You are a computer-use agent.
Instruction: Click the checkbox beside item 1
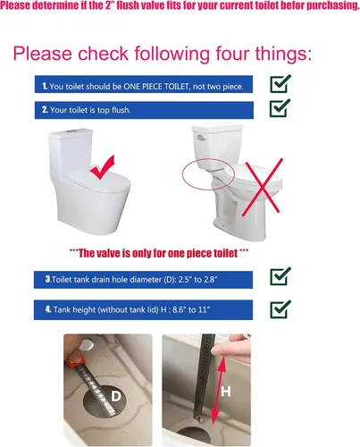pos(280,84)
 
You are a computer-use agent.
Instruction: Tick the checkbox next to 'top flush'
pos(280,108)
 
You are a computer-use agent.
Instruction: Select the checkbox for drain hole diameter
pos(280,276)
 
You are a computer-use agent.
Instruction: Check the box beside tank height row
pos(280,309)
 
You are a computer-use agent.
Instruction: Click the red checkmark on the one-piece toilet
pos(102,167)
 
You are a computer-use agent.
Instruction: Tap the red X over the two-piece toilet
pos(262,187)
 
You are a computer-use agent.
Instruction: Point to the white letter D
pos(116,396)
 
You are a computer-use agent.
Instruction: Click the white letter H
pos(226,392)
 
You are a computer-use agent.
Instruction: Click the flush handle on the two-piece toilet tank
pos(201,137)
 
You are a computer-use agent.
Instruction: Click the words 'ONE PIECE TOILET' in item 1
pos(156,87)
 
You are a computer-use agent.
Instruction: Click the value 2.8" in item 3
pos(210,280)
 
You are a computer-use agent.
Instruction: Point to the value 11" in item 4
pos(204,309)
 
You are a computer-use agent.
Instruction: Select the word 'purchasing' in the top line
pos(333,5)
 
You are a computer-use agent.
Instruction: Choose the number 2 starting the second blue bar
pos(45,110)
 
